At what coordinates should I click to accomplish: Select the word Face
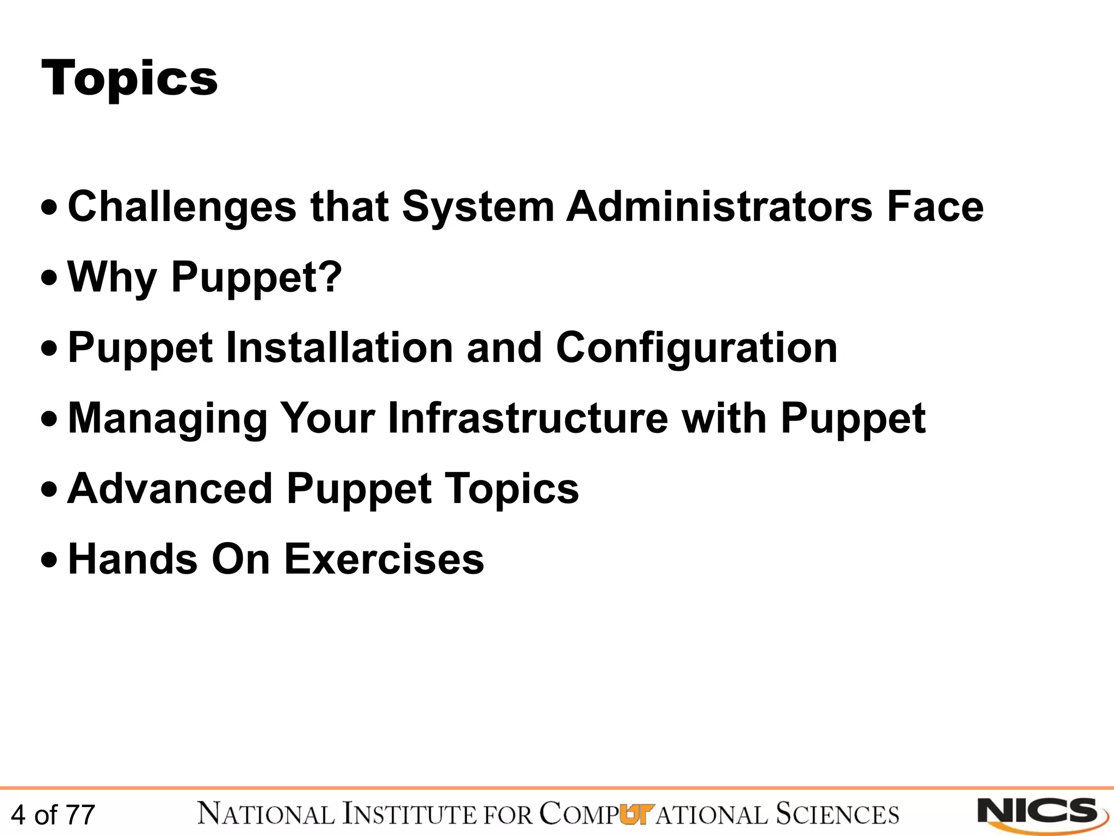coord(935,207)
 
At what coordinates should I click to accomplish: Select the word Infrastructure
coord(528,418)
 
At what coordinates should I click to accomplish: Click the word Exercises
coord(384,559)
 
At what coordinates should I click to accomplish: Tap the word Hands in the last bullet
coord(133,559)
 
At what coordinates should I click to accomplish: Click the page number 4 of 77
coord(53,815)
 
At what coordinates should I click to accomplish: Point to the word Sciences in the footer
coord(838,814)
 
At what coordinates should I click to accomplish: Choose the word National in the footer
coord(266,814)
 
